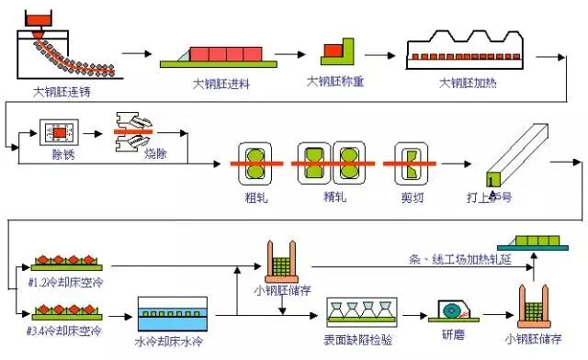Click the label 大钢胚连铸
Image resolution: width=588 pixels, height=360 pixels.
pos(62,92)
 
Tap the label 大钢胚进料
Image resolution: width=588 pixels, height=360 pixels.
pos(221,84)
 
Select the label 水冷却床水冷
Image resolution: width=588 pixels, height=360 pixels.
pos(175,350)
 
